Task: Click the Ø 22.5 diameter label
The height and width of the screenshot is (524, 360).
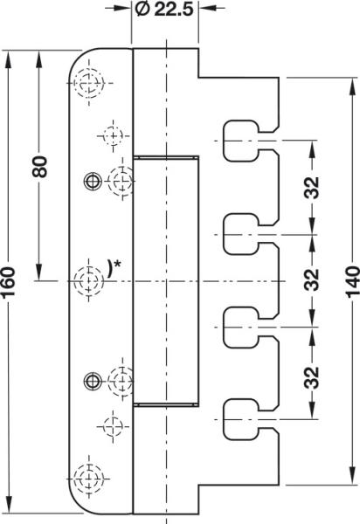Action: (164, 10)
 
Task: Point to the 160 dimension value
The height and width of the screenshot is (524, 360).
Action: (8, 282)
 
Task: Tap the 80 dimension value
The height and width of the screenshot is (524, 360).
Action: (40, 167)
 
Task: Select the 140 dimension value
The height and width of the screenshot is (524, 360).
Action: (353, 281)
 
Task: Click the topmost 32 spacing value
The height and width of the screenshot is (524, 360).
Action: (312, 188)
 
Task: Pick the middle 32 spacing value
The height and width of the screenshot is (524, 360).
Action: (312, 279)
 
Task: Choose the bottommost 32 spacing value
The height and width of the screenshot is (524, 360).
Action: (312, 377)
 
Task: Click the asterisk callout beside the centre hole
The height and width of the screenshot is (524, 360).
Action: (114, 268)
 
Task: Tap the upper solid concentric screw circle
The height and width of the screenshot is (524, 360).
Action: (93, 181)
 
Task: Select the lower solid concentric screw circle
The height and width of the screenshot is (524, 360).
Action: (93, 381)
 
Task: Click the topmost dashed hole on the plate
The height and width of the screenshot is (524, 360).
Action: (89, 83)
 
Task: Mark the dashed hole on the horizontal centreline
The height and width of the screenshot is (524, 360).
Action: (88, 280)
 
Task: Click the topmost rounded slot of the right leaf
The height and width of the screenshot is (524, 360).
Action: (240, 141)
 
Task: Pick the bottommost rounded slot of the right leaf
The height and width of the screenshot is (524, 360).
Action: (240, 419)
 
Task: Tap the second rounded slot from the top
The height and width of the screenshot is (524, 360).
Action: (240, 234)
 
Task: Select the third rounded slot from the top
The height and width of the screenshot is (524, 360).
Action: (240, 327)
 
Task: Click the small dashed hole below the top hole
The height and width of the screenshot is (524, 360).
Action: (114, 136)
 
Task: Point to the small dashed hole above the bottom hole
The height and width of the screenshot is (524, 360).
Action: (114, 426)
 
